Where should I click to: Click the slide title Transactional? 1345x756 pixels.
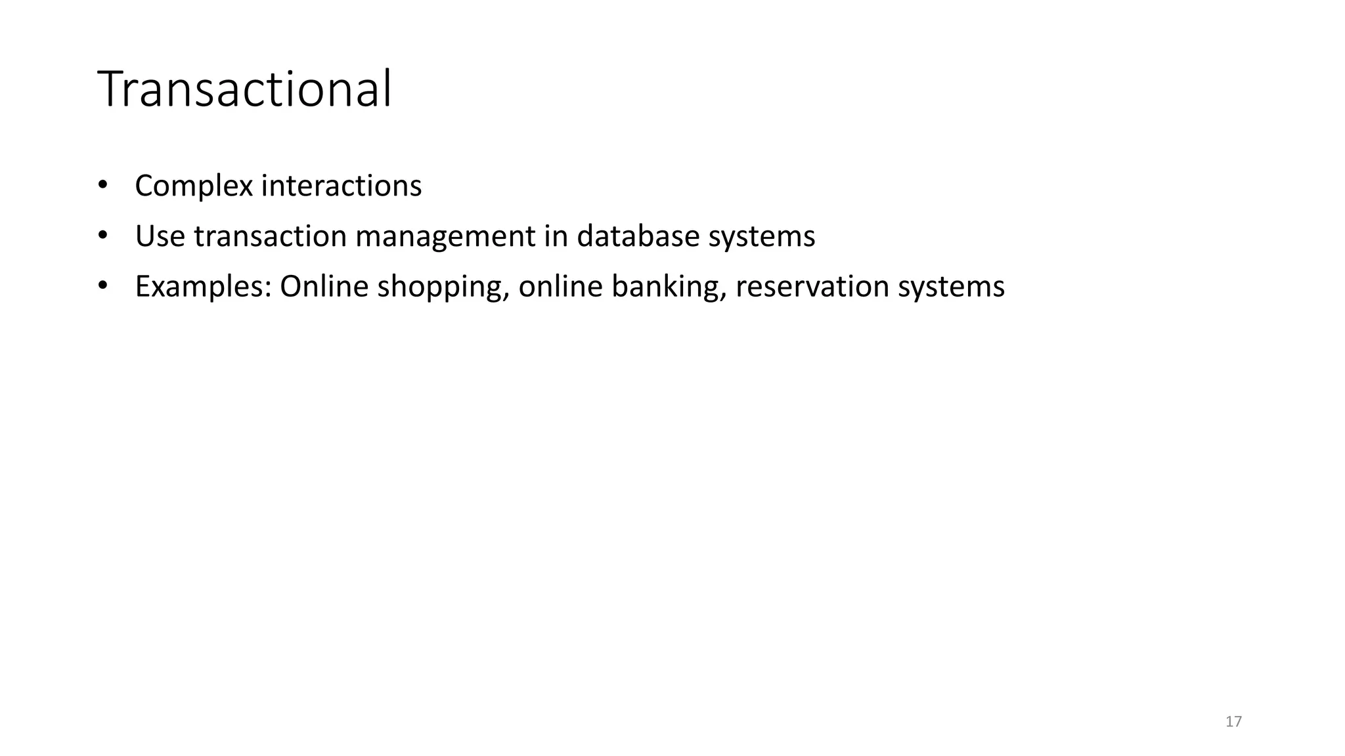244,89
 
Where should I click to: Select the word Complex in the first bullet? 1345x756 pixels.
194,186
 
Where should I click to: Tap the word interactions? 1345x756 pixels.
341,186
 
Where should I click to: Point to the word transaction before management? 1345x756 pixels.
270,236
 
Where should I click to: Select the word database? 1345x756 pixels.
638,236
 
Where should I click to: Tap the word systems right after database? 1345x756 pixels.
761,237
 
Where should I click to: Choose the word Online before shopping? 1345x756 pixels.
324,287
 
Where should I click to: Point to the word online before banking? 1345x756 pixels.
560,287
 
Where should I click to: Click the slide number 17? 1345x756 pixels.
1233,722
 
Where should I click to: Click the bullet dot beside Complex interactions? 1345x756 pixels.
102,185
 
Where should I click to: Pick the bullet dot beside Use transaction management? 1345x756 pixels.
102,235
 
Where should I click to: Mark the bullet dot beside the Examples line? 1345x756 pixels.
102,285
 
